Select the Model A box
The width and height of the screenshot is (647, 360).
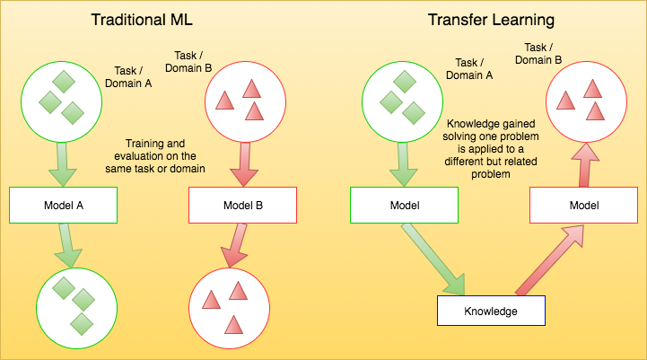[64, 205]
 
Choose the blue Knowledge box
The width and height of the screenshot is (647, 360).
[491, 311]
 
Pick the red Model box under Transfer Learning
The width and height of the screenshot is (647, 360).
[583, 205]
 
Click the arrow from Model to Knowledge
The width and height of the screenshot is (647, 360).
[435, 260]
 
